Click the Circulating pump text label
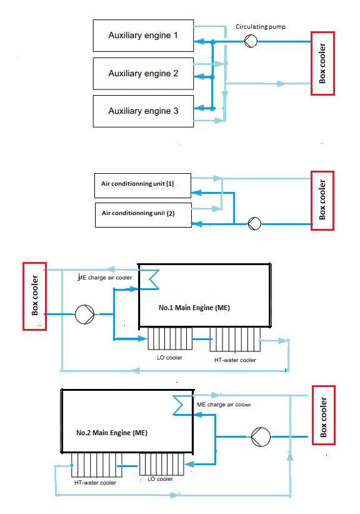[x=261, y=27]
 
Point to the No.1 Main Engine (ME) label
[x=194, y=308]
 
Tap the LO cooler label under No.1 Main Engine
[x=169, y=358]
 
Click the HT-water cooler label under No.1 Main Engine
[x=235, y=360]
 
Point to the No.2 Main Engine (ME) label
[x=112, y=433]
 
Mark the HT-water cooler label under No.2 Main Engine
[x=95, y=483]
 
